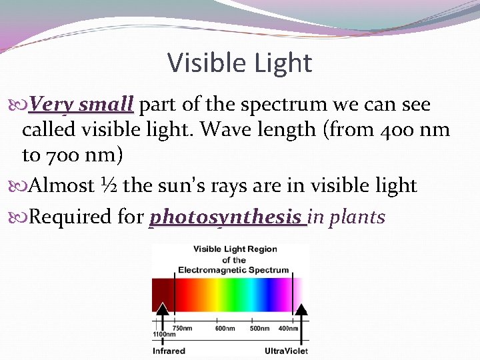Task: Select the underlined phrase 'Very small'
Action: (81, 105)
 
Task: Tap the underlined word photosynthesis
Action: (227, 217)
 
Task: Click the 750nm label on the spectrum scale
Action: (183, 328)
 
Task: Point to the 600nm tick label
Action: (225, 328)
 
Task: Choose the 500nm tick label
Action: (259, 328)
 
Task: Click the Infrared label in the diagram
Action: (169, 351)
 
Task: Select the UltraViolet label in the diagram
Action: (286, 351)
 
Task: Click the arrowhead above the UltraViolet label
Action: (301, 309)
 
